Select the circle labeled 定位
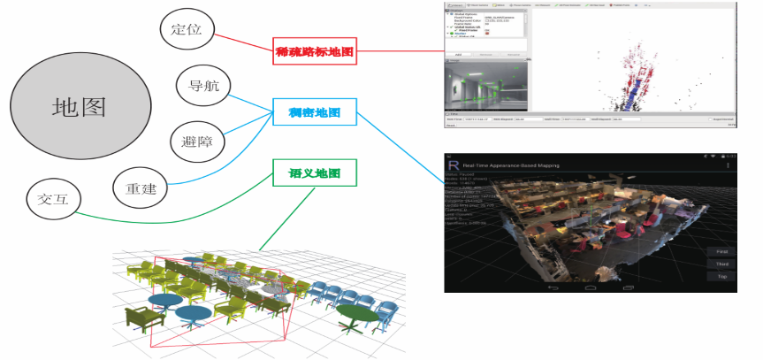pyautogui.click(x=187, y=30)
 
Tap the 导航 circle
pyautogui.click(x=204, y=86)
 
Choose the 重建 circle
pyautogui.click(x=141, y=188)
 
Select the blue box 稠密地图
pyautogui.click(x=316, y=111)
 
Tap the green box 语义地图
pyautogui.click(x=315, y=172)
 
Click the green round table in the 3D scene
pyautogui.click(x=355, y=312)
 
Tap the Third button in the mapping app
pyautogui.click(x=722, y=264)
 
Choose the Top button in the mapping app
pyautogui.click(x=722, y=277)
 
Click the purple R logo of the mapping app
pyautogui.click(x=454, y=165)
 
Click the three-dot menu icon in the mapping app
pyautogui.click(x=728, y=165)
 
